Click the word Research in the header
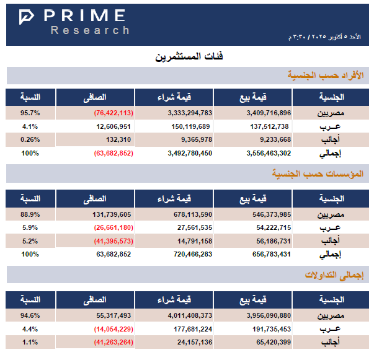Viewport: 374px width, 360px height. point(91,30)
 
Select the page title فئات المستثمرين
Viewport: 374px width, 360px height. point(189,57)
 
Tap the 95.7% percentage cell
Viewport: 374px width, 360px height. point(30,113)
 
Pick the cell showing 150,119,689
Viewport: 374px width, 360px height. point(190,126)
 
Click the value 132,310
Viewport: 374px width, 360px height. point(118,139)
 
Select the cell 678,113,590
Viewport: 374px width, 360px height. point(190,214)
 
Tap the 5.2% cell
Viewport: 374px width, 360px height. point(30,240)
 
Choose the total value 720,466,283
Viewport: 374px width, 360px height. point(190,253)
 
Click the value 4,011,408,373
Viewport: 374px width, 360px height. point(190,315)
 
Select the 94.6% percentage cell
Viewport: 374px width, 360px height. point(30,315)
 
